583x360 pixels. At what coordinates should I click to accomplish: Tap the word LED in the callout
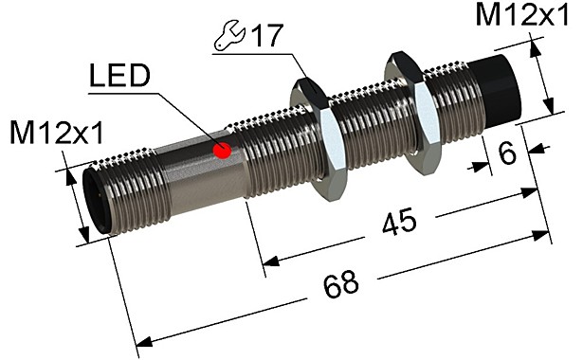(x=118, y=78)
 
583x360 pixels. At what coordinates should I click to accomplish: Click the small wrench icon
(x=227, y=38)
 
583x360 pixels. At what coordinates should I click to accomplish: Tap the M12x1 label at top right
(x=526, y=16)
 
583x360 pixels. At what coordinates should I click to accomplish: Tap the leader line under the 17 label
(x=251, y=54)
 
